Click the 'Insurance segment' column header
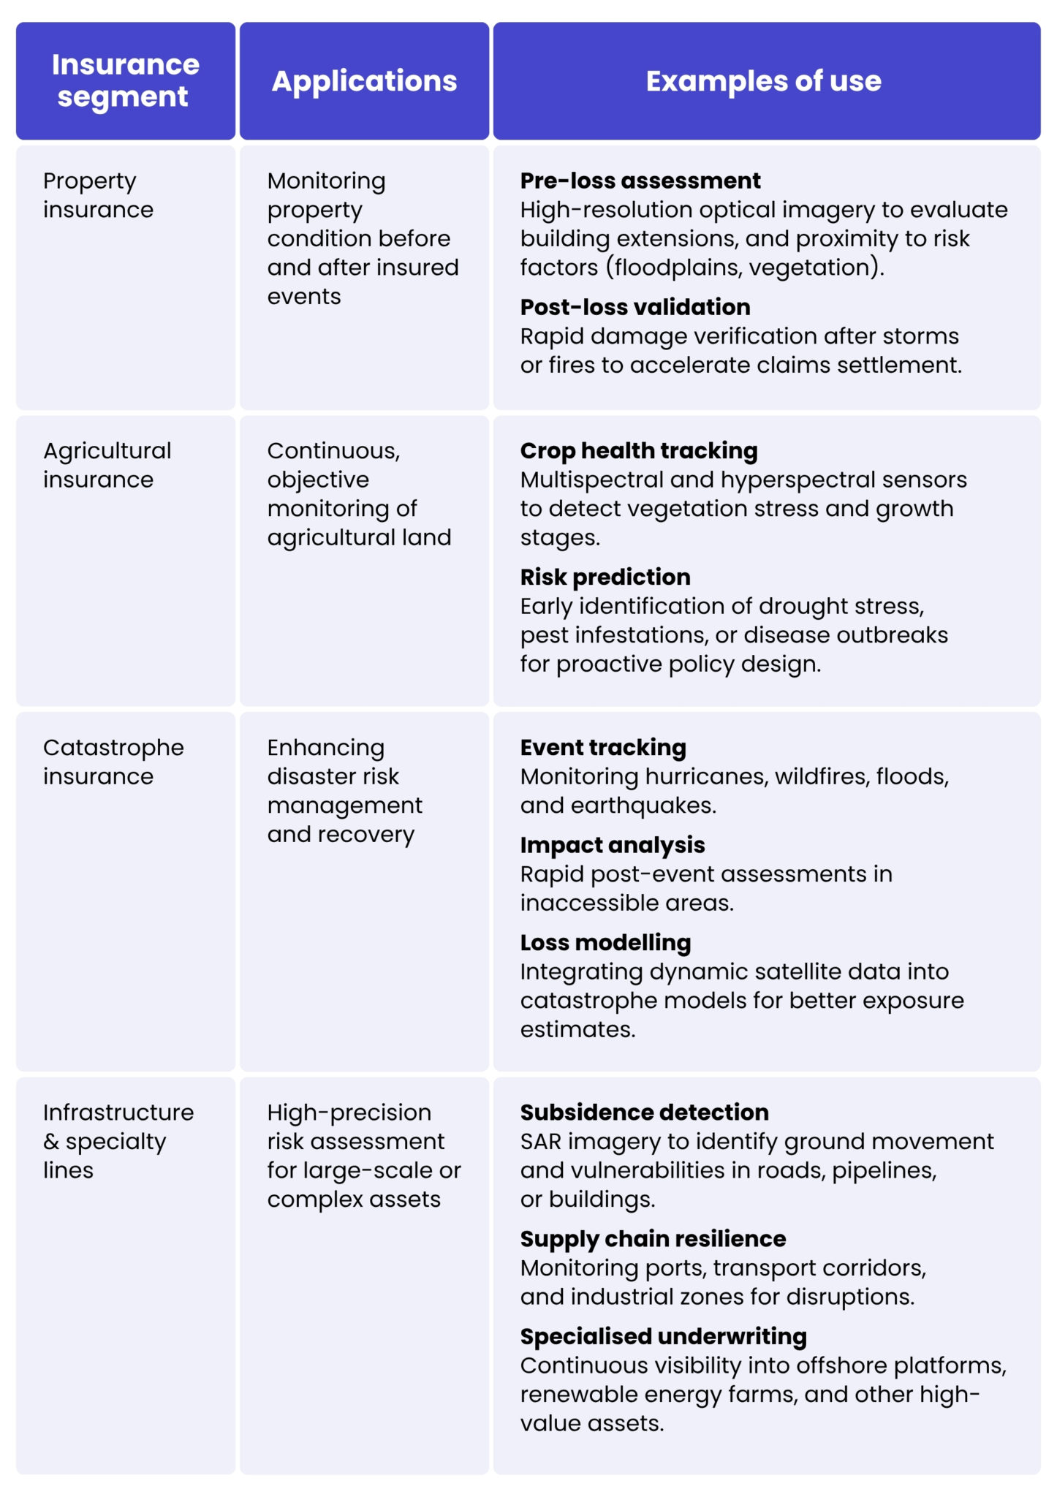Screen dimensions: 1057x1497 [x=125, y=80]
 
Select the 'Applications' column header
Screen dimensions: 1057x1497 [x=364, y=81]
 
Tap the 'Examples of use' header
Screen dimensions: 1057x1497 [x=763, y=81]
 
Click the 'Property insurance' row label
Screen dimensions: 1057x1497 [x=98, y=195]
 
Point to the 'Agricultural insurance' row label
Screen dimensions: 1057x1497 [x=107, y=465]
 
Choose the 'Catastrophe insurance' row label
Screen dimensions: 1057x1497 [x=113, y=762]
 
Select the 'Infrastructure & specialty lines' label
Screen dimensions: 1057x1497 [x=118, y=1141]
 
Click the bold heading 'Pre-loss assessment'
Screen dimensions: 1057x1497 [x=640, y=181]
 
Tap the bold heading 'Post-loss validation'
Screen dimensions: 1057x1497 [x=634, y=307]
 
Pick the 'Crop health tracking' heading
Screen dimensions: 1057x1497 [x=638, y=451]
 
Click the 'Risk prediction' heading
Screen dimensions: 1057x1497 [x=605, y=577]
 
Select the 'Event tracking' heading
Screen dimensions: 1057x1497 [x=602, y=748]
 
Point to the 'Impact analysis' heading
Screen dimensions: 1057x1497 [x=612, y=845]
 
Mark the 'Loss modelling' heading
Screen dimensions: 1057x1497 [x=605, y=943]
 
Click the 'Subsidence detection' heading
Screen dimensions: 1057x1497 [x=644, y=1113]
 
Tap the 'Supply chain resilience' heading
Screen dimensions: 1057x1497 [x=653, y=1239]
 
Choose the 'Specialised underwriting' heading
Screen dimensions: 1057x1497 [x=663, y=1336]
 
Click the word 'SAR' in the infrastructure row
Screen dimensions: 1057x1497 [x=540, y=1142]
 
